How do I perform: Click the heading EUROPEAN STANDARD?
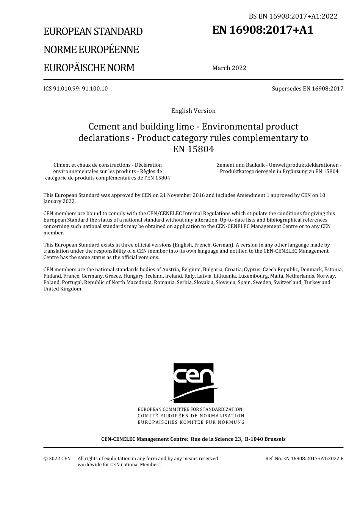coord(93,31)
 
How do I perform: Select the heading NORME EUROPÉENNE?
coord(91,50)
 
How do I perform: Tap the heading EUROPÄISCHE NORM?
coord(89,68)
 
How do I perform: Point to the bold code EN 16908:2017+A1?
coord(263,30)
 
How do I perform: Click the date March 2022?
coord(229,68)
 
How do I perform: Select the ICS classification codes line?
coord(75,89)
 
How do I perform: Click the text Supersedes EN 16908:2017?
coord(307,89)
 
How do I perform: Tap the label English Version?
coord(193,111)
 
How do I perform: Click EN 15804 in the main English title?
coord(193,149)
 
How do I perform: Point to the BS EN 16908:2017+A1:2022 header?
coord(293,16)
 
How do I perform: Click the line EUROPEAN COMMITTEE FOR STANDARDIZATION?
coord(190,409)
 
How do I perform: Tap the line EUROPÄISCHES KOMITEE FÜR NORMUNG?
coord(191,422)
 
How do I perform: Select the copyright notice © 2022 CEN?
coord(57,459)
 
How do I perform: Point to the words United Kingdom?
coord(63,289)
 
